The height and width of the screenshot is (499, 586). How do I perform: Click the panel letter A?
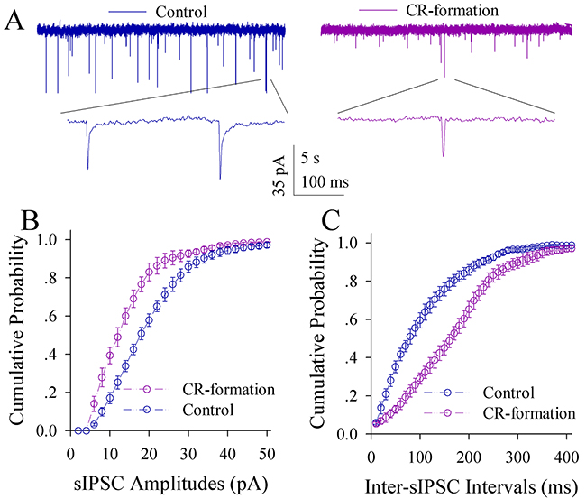pos(15,19)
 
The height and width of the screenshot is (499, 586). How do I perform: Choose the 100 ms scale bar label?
pos(325,181)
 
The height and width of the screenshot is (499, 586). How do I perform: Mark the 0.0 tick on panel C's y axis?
pos(347,435)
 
